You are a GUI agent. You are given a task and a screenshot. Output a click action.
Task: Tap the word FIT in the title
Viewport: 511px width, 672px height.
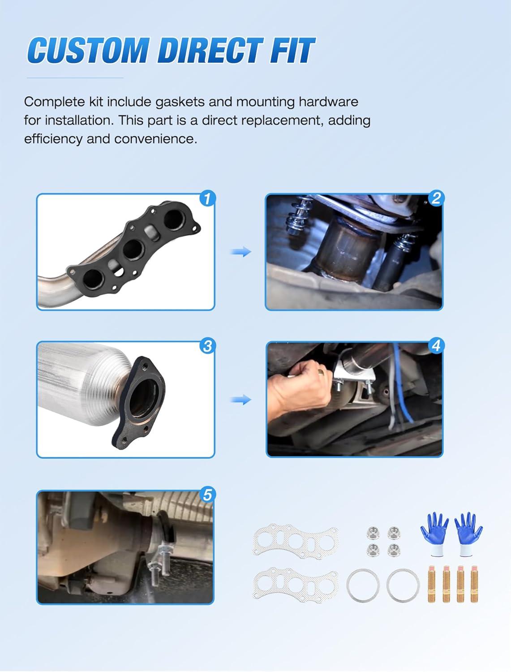pos(292,51)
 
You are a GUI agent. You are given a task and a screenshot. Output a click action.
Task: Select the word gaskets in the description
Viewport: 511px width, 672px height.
pos(180,102)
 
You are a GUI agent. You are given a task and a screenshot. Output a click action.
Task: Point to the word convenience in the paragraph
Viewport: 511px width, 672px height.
pos(156,139)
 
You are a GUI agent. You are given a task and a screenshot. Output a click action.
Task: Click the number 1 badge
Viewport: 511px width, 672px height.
pos(207,198)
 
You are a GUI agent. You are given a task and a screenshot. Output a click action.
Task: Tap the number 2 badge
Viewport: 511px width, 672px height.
pos(436,198)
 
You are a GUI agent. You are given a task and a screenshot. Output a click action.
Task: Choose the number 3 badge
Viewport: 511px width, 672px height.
pos(207,346)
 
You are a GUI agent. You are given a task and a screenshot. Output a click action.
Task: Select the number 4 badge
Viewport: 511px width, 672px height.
pos(436,346)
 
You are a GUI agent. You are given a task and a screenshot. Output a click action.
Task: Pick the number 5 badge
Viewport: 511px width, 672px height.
pos(207,495)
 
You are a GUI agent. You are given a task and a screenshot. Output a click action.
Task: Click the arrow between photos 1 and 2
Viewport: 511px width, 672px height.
pos(241,252)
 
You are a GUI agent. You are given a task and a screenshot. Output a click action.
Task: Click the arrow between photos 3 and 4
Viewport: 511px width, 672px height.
pos(241,400)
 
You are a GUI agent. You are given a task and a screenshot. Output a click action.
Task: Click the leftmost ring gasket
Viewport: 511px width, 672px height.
pos(363,586)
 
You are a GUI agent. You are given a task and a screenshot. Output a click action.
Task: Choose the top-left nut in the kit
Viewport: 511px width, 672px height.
pos(372,533)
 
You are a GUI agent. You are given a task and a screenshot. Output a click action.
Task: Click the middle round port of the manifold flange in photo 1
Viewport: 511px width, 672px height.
pos(133,250)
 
